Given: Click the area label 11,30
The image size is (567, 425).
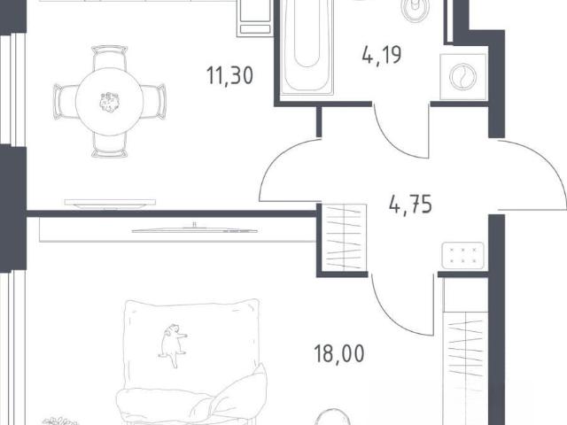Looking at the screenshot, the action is click(229, 76).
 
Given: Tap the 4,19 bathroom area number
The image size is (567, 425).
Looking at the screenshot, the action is click(382, 55).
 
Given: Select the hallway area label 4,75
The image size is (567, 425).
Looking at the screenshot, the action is click(410, 205).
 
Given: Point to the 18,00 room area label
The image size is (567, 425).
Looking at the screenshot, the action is click(339, 353).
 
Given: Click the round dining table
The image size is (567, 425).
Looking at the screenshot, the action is click(109, 102).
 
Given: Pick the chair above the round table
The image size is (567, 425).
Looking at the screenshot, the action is click(109, 57).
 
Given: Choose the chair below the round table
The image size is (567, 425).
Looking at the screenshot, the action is click(109, 145).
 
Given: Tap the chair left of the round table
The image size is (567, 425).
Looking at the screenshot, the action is click(65, 102).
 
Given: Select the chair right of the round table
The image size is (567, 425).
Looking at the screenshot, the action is click(153, 102).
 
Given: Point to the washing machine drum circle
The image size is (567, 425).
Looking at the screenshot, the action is click(462, 77).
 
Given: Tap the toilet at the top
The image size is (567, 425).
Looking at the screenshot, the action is click(416, 10).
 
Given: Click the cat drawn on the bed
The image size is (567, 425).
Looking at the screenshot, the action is click(172, 344).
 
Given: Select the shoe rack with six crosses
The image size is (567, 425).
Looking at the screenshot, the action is click(462, 256).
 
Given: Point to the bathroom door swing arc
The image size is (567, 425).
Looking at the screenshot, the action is click(393, 143).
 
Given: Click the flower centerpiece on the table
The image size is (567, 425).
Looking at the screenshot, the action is click(109, 102).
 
